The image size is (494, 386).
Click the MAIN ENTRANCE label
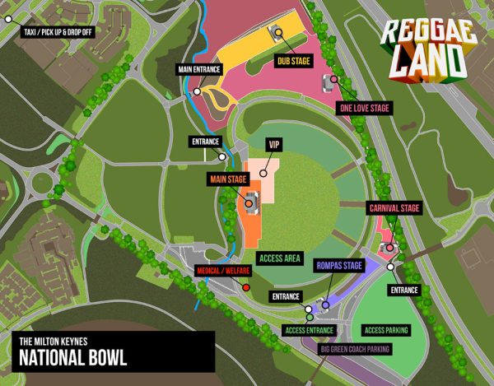pos(198,70)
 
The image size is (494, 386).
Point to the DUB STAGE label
pos(294,59)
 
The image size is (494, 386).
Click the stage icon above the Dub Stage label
pos(277,32)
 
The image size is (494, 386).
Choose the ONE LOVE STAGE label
pos(364,108)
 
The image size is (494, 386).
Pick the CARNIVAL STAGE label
pos(394,208)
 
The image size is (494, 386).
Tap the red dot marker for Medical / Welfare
pos(245,287)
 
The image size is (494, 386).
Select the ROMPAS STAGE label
pos(339,266)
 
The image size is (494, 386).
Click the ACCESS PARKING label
pos(385,331)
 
